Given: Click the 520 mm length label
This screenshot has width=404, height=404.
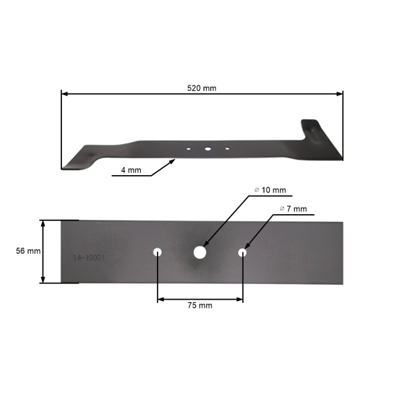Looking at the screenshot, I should (x=202, y=88).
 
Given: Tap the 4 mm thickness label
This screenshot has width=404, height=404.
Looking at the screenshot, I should (x=131, y=170).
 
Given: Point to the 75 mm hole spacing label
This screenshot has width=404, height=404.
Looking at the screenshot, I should (x=200, y=305).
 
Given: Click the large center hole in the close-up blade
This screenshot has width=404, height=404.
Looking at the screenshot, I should (x=199, y=252).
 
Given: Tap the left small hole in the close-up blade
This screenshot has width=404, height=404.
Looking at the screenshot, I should (x=158, y=252).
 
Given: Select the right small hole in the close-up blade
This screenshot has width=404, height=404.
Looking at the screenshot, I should (x=242, y=253).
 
